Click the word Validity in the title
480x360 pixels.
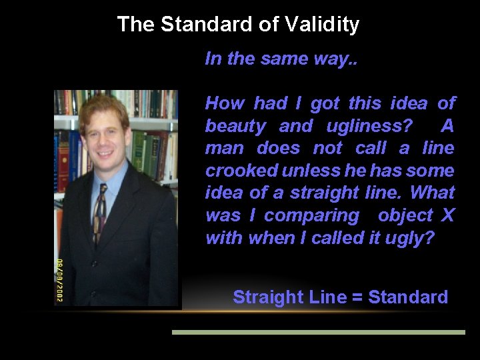point(321,25)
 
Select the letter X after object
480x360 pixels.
point(447,215)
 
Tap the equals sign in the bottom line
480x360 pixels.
point(357,297)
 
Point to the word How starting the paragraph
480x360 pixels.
point(224,103)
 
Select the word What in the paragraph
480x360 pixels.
point(432,193)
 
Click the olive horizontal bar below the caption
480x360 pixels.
point(318,331)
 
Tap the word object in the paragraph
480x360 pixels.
point(405,215)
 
